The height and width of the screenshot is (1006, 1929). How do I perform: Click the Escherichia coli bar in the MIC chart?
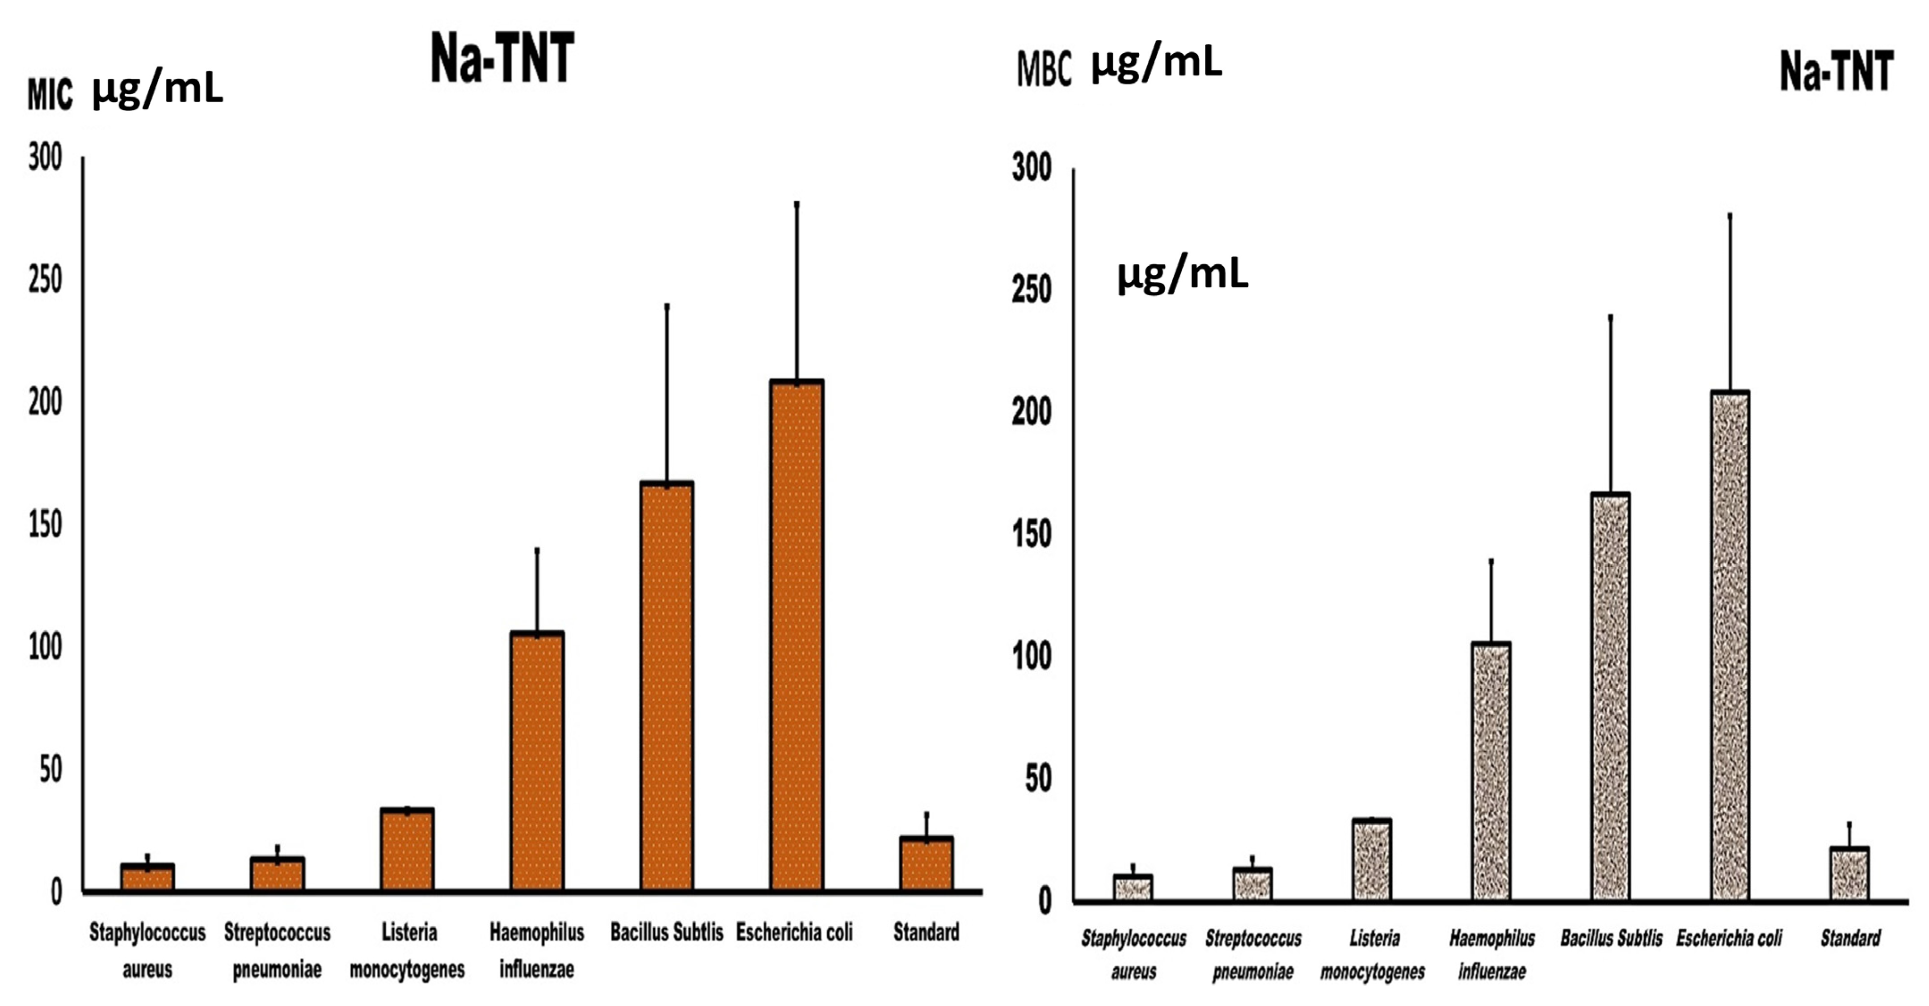tap(797, 636)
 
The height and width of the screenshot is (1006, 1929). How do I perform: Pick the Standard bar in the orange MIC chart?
tap(927, 864)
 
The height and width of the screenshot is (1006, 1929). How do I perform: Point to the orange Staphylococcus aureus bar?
tap(147, 877)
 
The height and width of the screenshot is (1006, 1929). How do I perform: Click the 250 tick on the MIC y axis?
tap(45, 281)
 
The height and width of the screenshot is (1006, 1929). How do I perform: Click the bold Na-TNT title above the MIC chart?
tap(502, 59)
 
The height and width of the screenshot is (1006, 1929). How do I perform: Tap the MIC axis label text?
tap(50, 95)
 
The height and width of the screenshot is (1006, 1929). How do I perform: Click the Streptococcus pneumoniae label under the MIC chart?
tap(277, 951)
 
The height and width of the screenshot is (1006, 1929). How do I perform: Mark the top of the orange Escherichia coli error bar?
tap(797, 204)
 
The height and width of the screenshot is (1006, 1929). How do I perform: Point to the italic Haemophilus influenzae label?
tap(1492, 954)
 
